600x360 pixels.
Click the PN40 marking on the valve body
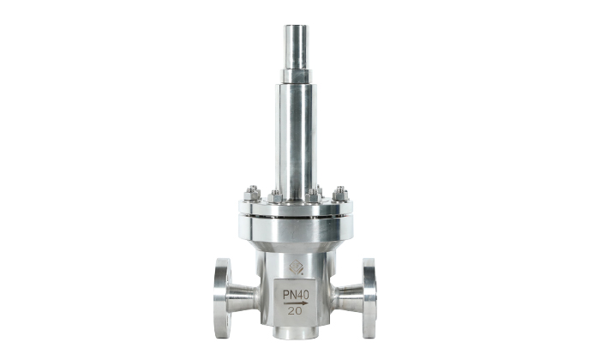(x=296, y=295)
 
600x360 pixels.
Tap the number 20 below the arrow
(x=295, y=311)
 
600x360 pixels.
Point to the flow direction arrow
(x=296, y=303)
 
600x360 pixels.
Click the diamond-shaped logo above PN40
(x=297, y=267)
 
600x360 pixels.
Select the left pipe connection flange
(x=222, y=298)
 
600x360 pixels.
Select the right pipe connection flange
(x=369, y=298)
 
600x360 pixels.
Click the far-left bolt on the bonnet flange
(x=252, y=194)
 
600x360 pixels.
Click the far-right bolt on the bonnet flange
(x=339, y=194)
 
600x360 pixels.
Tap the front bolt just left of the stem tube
(x=275, y=196)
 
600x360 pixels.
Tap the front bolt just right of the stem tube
(x=313, y=196)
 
